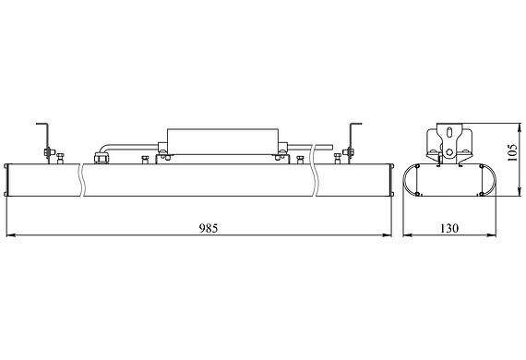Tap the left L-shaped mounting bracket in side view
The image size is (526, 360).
click(x=42, y=138)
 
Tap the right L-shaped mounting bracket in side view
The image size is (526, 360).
click(x=351, y=138)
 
